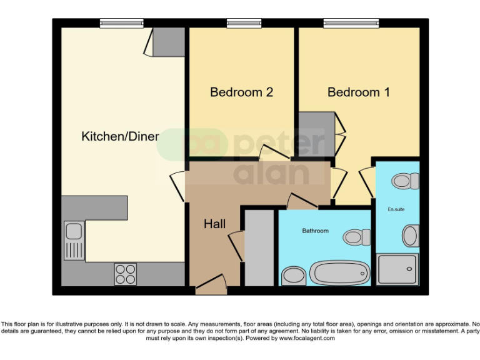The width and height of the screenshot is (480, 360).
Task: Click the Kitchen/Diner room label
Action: coord(120,136)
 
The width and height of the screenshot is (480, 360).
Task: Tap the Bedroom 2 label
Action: coord(241,92)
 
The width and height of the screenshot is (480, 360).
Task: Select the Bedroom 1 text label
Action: coord(359,92)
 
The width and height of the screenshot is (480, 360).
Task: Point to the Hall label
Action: coord(214,224)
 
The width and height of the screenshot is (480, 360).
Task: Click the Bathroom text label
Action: coord(315,231)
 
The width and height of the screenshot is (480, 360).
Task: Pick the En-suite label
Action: coord(396,209)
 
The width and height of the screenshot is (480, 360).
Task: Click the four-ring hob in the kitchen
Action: coord(125,273)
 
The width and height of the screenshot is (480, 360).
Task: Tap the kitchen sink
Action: coord(74,241)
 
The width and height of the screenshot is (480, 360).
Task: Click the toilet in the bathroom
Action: coord(356,237)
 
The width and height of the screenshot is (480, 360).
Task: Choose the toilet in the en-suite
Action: coord(405,181)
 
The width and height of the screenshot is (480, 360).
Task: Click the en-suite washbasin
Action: coord(410,236)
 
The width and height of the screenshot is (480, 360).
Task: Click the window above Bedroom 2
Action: coord(244,23)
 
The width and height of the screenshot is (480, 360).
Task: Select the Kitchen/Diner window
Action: coord(117,23)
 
